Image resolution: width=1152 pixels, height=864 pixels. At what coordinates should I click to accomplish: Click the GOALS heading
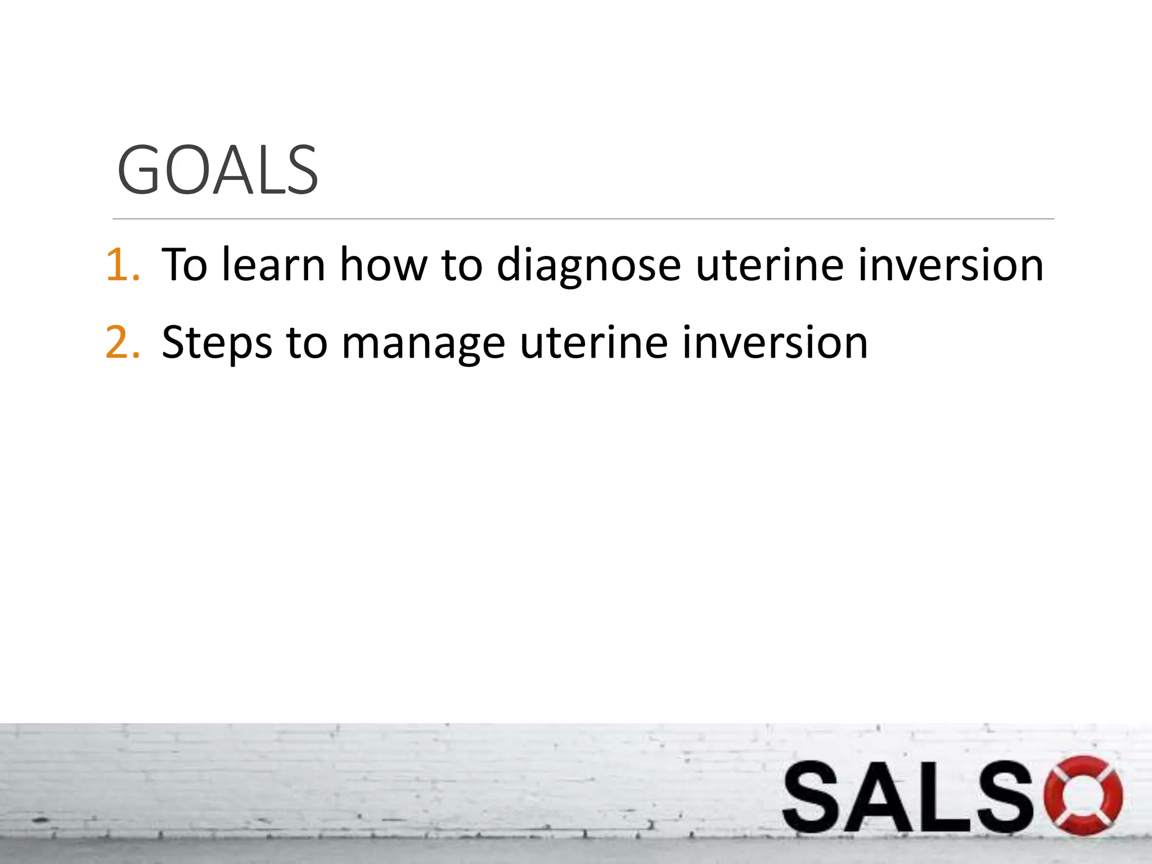click(x=218, y=170)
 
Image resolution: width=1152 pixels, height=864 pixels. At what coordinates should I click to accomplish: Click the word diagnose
click(x=588, y=265)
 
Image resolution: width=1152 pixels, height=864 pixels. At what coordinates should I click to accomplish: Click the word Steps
click(x=217, y=343)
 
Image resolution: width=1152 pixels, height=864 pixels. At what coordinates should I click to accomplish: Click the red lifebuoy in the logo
click(x=1082, y=795)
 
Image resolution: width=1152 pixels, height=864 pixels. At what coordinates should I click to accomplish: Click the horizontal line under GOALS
click(x=583, y=219)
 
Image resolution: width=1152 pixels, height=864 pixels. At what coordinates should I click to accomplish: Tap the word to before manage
click(x=307, y=343)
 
